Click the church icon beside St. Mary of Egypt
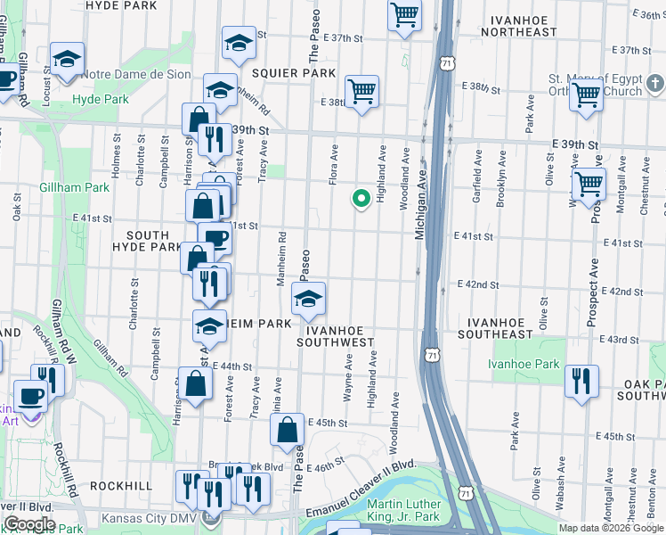654,84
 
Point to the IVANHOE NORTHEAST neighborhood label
518,25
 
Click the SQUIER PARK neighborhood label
281,72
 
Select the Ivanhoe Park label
524,364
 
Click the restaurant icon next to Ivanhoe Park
581,380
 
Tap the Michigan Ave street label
421,202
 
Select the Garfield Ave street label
478,177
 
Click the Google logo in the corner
29,524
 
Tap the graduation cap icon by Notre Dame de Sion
67,59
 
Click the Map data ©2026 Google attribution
610,528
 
